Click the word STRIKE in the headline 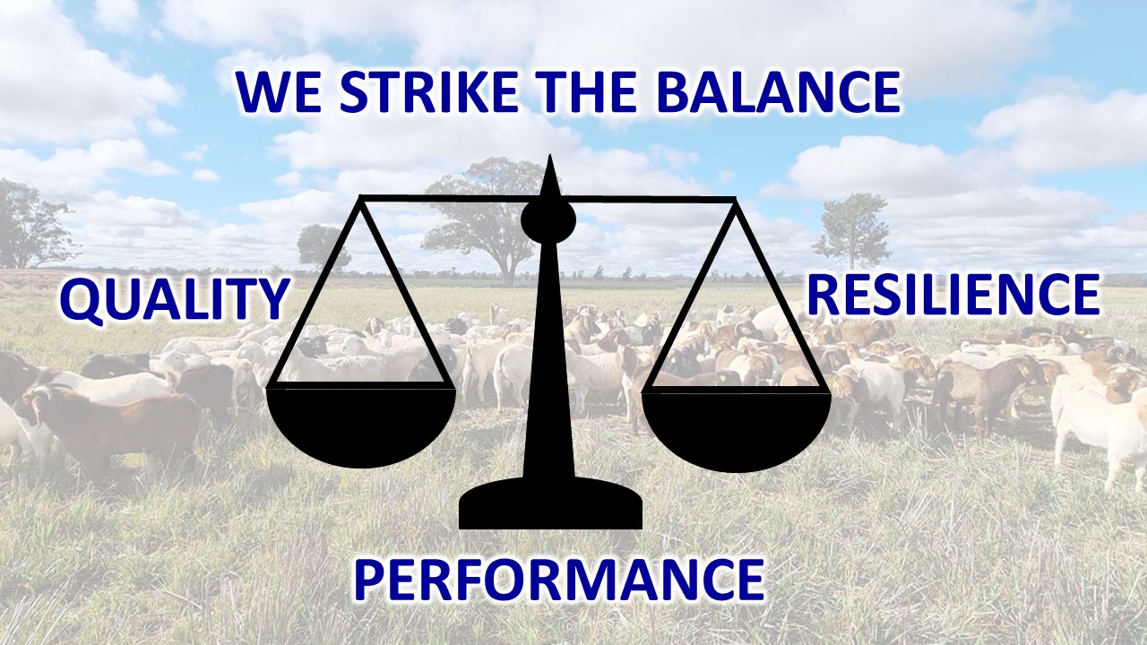click(428, 92)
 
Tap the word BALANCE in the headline click(779, 92)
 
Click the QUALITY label click(175, 300)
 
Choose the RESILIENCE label click(954, 295)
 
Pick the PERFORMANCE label click(559, 579)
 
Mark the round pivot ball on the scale click(548, 220)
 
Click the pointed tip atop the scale click(550, 155)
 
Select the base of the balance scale click(550, 504)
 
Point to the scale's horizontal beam click(548, 199)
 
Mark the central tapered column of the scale click(549, 358)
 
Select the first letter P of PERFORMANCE click(367, 580)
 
